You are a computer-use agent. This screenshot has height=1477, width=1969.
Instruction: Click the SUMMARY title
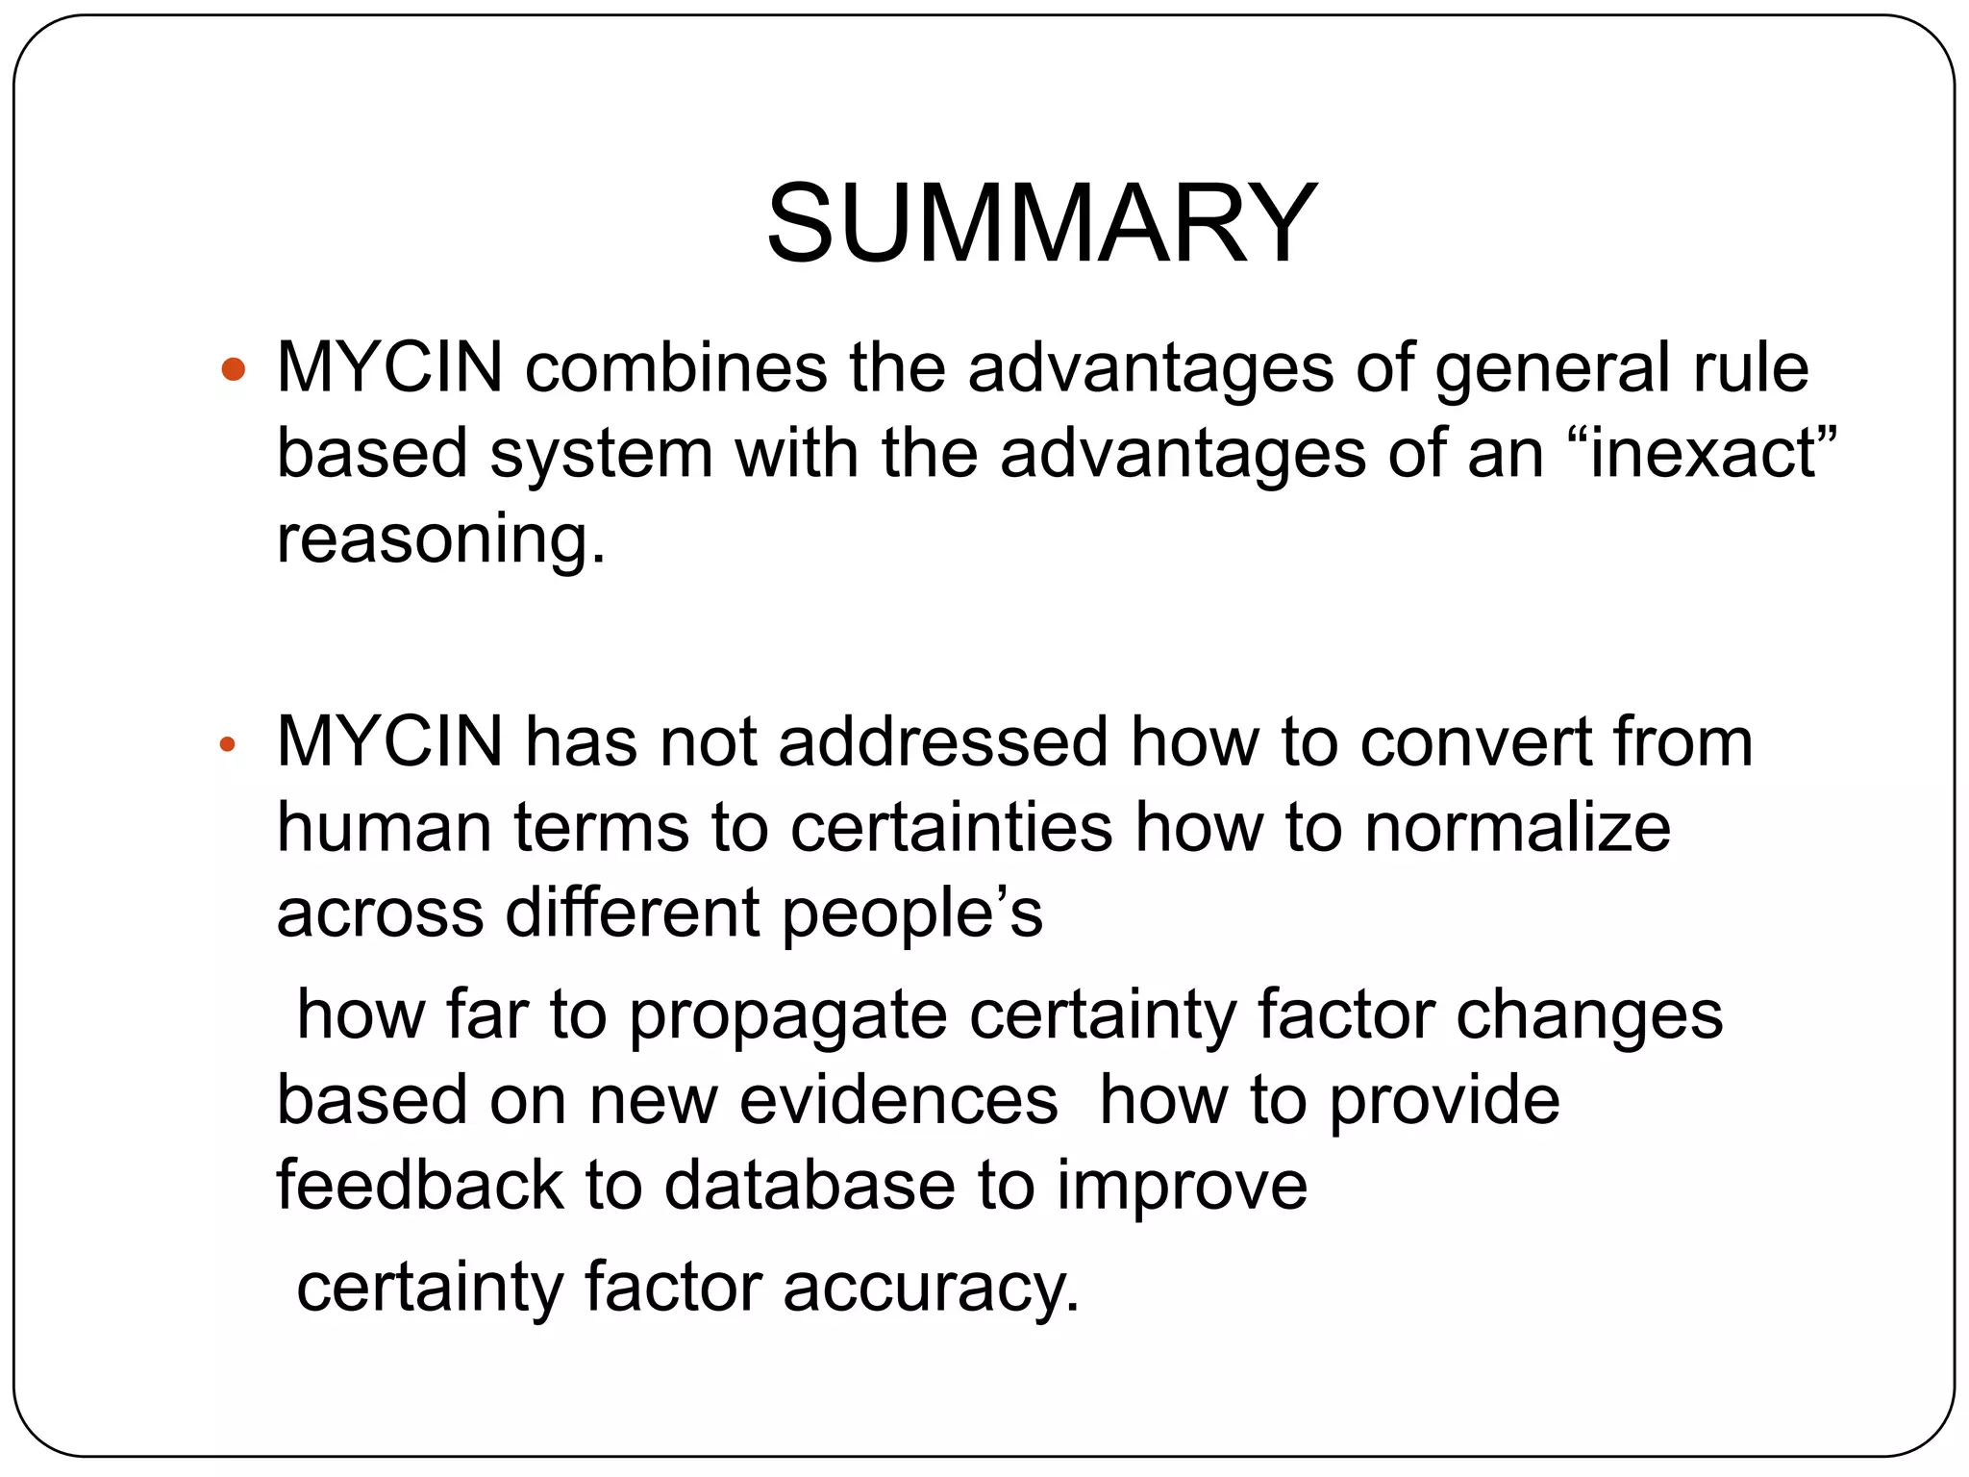coord(1041,224)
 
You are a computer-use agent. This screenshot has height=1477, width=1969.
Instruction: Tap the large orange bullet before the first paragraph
coord(234,368)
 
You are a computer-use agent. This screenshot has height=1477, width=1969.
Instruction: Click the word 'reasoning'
coord(441,538)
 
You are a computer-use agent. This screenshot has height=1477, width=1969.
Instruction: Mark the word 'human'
coord(384,827)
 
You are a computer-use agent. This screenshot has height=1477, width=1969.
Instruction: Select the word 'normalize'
coord(1518,827)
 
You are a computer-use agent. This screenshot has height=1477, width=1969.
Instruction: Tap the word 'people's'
coord(912,914)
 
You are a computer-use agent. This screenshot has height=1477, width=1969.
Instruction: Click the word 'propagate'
coord(787,1015)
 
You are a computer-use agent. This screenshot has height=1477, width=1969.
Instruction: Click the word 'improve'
coord(1183,1186)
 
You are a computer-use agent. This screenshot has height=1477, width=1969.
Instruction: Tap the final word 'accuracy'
coord(931,1288)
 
